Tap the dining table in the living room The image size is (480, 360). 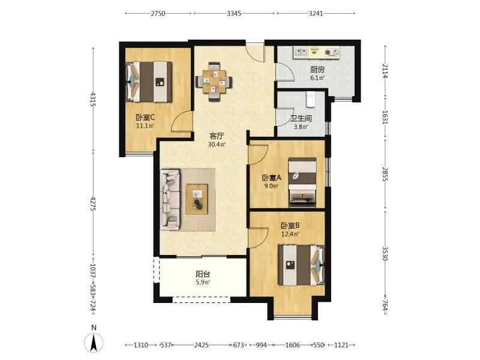pyautogui.click(x=214, y=82)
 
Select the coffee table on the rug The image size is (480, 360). pyautogui.click(x=197, y=199)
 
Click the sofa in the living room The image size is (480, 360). pyautogui.click(x=170, y=200)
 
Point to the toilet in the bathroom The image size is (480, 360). pyautogui.click(x=311, y=99)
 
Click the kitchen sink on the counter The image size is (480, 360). pyautogui.click(x=301, y=52)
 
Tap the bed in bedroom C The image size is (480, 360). pyautogui.click(x=149, y=82)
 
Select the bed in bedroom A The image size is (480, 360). pyautogui.click(x=302, y=182)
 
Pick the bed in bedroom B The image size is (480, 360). pyautogui.click(x=301, y=265)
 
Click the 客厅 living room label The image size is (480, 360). pyautogui.click(x=217, y=136)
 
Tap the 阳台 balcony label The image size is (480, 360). pyautogui.click(x=203, y=274)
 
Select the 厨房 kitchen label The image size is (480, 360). pyautogui.click(x=317, y=70)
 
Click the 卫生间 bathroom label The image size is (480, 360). pyautogui.click(x=301, y=118)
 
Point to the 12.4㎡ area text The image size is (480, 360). pyautogui.click(x=290, y=235)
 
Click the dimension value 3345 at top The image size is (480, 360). pyautogui.click(x=234, y=13)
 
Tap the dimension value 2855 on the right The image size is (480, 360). pyautogui.click(x=385, y=173)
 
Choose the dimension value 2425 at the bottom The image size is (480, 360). pyautogui.click(x=202, y=345)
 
